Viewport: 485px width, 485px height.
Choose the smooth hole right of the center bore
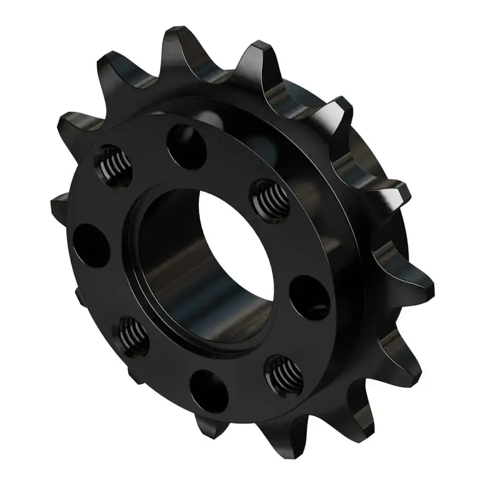310,295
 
